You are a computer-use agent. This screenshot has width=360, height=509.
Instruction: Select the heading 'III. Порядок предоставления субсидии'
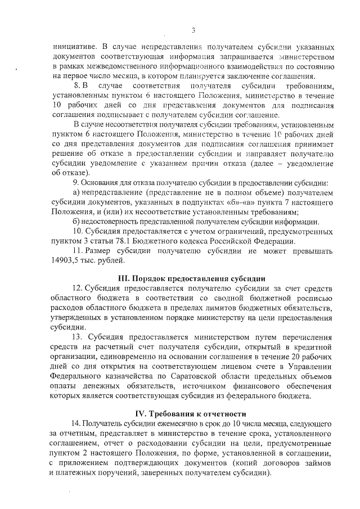[x=191, y=278]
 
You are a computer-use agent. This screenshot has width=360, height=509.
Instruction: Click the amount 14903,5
[x=66, y=260]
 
